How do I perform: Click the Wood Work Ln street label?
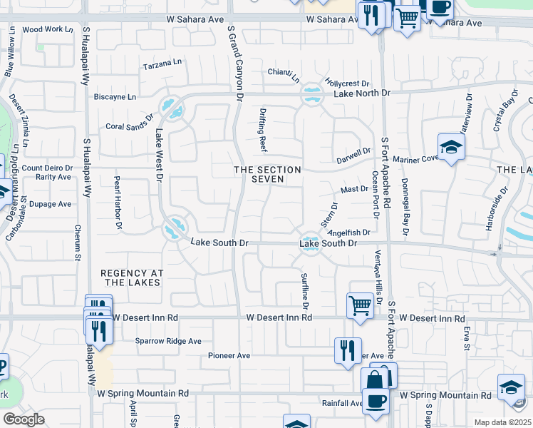tap(48, 30)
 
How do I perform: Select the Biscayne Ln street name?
tap(115, 97)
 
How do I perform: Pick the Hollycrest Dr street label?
tap(346, 83)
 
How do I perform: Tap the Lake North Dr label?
tap(363, 93)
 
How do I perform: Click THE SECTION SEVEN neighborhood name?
tap(267, 174)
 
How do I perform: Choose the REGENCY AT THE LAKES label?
tap(132, 277)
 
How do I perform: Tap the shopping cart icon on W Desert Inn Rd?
tap(361, 305)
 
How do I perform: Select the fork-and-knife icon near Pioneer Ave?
tap(348, 350)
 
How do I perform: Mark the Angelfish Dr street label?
tap(349, 232)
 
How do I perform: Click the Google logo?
tap(24, 419)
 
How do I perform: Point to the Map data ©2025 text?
tap(502, 422)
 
